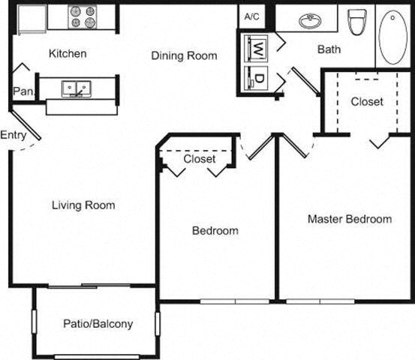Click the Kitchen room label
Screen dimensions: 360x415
[68, 54]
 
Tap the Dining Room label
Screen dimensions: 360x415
[184, 55]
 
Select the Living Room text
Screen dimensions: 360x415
[83, 205]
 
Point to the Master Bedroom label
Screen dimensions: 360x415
[350, 219]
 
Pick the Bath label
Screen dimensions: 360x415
[329, 50]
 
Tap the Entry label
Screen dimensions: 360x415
[14, 135]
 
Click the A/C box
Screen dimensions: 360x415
[250, 16]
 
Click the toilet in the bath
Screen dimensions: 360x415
[357, 22]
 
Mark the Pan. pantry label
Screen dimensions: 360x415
[21, 91]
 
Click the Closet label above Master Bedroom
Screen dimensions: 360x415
[366, 101]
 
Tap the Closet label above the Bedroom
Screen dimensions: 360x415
[200, 159]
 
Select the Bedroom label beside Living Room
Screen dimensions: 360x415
[215, 230]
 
